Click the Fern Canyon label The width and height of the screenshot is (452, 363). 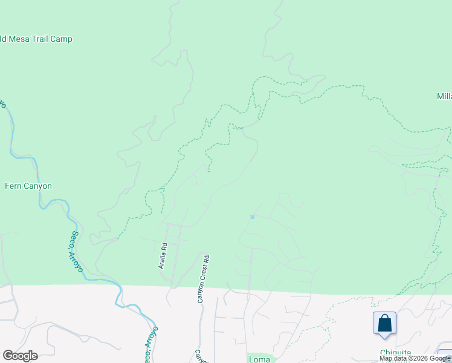pyautogui.click(x=28, y=186)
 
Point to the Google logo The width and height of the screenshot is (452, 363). pyautogui.click(x=20, y=356)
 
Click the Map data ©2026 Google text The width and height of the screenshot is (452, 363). pyautogui.click(x=415, y=358)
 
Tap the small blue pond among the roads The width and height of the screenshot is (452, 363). pyautogui.click(x=252, y=216)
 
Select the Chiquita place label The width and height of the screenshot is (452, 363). pyautogui.click(x=395, y=353)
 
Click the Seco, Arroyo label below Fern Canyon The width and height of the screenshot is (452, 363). pyautogui.click(x=77, y=251)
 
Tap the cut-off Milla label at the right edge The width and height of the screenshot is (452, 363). pyautogui.click(x=444, y=97)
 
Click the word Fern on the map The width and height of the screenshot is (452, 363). pyautogui.click(x=13, y=186)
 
